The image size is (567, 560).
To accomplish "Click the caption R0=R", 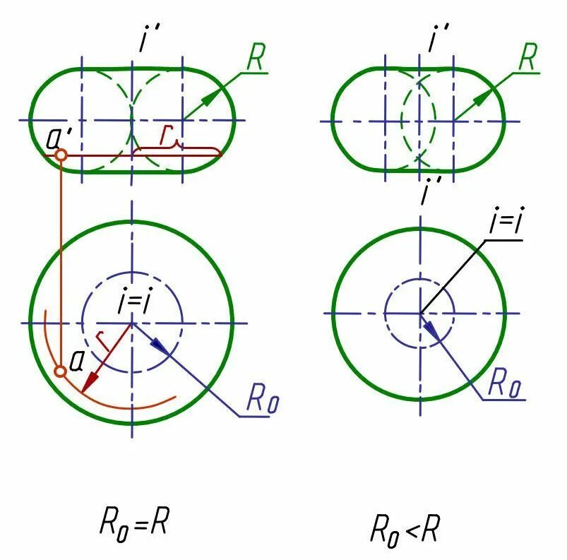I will (134, 524).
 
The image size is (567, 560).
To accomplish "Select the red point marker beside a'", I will (61, 154).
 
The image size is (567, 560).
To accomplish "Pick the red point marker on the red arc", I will (61, 371).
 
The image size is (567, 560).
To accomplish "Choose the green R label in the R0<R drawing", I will (527, 59).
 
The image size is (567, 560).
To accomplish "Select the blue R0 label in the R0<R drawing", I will (505, 386).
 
